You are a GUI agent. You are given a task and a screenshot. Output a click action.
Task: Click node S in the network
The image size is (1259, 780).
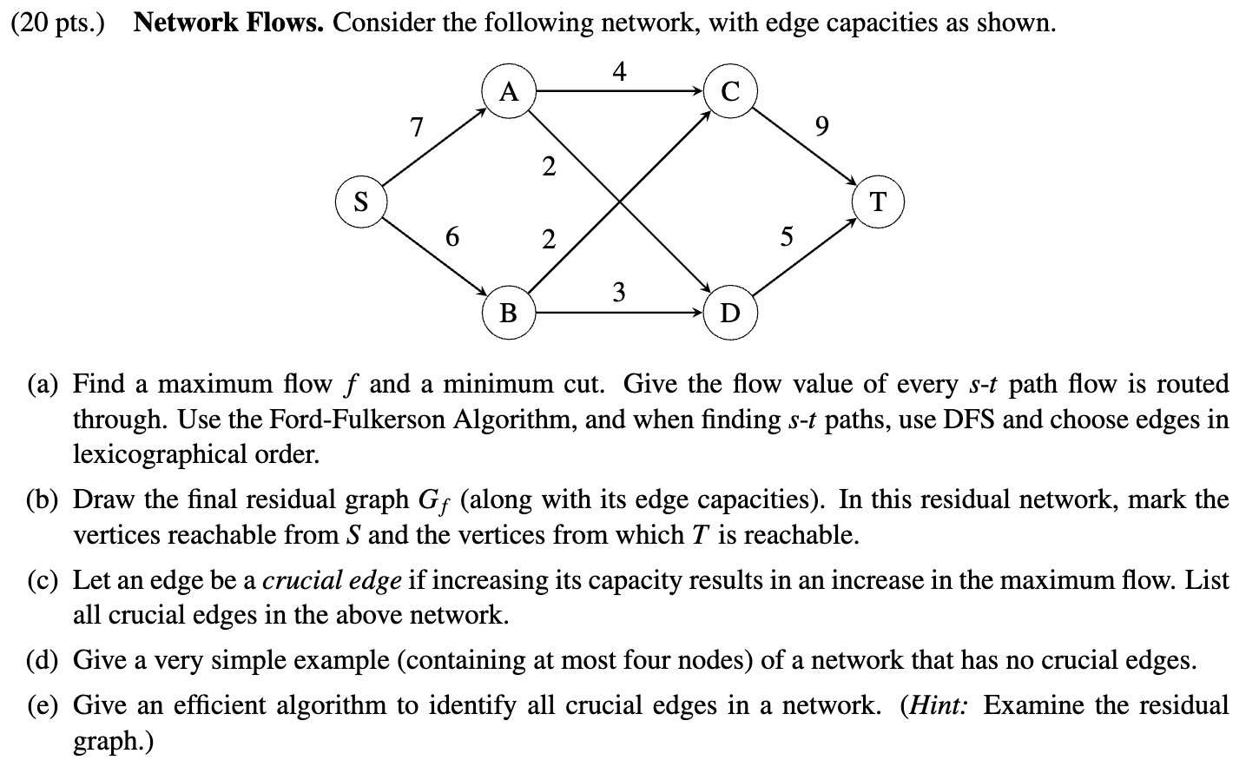[x=361, y=202]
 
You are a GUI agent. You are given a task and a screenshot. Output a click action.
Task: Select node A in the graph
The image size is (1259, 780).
[x=509, y=90]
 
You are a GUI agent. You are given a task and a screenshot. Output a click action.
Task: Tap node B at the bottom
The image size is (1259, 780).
[x=509, y=312]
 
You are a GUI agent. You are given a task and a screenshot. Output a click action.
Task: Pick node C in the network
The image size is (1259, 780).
[x=731, y=90]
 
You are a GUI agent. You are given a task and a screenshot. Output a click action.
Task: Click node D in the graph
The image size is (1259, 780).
[x=731, y=312]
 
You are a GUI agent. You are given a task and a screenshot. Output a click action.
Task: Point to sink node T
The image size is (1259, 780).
[x=879, y=202]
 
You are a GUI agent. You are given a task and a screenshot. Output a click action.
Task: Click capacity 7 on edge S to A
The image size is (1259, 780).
[x=417, y=128]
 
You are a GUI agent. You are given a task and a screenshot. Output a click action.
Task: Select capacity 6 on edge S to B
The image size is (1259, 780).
[x=452, y=235]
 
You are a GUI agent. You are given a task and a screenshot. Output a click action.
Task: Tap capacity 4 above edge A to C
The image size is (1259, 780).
[x=618, y=71]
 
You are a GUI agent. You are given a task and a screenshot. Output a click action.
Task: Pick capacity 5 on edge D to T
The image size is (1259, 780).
[x=786, y=236]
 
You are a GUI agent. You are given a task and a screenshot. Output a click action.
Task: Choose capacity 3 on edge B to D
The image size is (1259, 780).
[x=618, y=291]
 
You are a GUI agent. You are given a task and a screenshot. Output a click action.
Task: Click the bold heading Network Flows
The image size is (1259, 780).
[x=228, y=23]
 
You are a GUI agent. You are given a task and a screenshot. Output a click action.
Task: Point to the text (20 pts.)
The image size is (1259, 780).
[x=57, y=23]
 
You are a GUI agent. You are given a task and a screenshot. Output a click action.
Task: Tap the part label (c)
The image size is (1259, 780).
[x=43, y=579]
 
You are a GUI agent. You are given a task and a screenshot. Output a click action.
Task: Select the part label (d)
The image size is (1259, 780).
[x=43, y=661]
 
